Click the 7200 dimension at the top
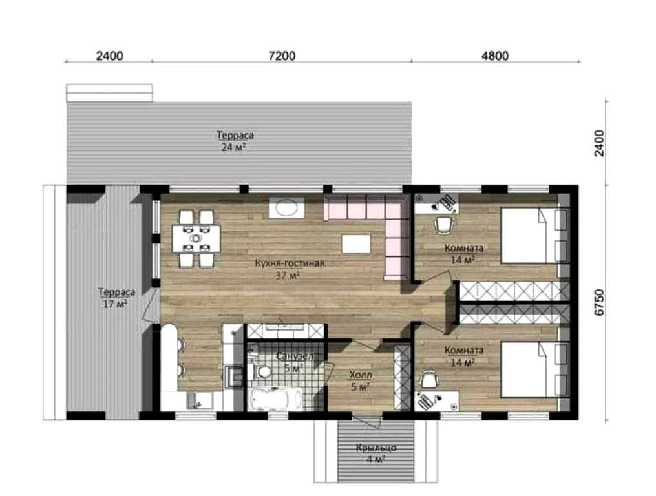click(282, 56)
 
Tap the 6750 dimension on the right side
click(599, 302)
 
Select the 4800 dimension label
click(495, 56)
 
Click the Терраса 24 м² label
click(235, 141)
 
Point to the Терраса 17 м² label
click(116, 297)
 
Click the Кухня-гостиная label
click(290, 263)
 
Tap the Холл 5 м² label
click(360, 381)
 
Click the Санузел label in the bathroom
click(295, 356)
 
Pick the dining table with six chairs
click(196, 238)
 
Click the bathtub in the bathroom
click(275, 399)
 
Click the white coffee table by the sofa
click(356, 244)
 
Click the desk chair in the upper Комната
click(444, 225)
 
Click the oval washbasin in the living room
click(286, 207)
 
